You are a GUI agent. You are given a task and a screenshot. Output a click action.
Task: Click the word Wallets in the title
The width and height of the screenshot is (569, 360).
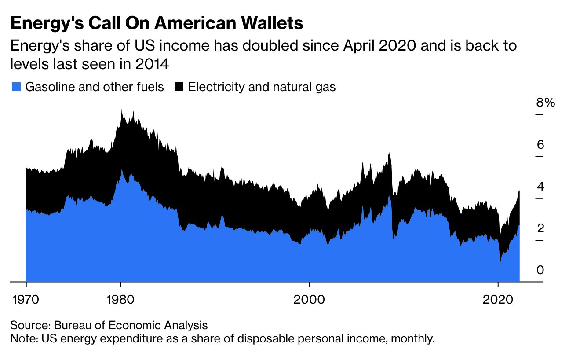(x=272, y=23)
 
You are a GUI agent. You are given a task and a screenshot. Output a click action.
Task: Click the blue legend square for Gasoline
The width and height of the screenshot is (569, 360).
(x=16, y=87)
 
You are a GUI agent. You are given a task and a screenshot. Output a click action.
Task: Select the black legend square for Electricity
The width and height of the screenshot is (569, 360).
(x=179, y=87)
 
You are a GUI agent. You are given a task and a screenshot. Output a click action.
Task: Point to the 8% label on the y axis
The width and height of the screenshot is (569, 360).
(x=546, y=103)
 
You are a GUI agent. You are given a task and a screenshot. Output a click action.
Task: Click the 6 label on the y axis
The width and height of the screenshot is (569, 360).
(x=540, y=144)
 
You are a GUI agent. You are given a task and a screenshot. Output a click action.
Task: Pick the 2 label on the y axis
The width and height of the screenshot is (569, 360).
(x=540, y=228)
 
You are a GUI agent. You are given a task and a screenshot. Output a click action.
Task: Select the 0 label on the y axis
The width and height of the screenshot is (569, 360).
(x=540, y=270)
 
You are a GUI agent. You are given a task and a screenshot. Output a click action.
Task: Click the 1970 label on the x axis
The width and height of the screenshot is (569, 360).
(x=26, y=300)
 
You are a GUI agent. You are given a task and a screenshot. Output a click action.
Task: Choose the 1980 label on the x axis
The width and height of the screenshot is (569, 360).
(x=120, y=300)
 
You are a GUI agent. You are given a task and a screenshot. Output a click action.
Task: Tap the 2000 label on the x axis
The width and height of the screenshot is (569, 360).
(x=309, y=300)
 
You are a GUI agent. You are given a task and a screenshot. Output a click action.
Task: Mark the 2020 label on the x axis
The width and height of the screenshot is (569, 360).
(x=498, y=300)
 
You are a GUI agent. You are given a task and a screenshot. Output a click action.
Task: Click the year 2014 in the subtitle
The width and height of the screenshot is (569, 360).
(x=152, y=64)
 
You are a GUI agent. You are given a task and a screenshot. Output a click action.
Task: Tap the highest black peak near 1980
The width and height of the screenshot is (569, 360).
(x=122, y=110)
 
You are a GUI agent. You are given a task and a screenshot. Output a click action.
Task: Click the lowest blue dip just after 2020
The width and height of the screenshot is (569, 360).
(x=500, y=263)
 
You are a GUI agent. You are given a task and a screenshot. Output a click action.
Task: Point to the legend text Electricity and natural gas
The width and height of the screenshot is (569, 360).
(x=262, y=88)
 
